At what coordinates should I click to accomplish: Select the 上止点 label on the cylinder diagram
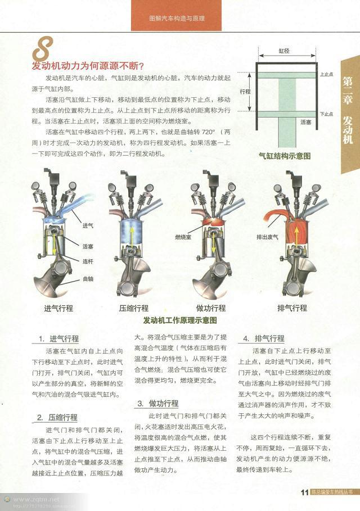(x=326, y=74)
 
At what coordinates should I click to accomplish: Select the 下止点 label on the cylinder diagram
(x=326, y=114)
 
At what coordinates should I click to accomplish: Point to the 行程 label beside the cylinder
(x=245, y=91)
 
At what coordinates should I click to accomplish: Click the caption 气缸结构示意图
(x=285, y=156)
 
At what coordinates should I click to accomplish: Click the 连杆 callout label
(x=88, y=261)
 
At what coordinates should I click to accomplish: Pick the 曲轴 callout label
(x=88, y=279)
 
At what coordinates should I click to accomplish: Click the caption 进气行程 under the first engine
(x=59, y=308)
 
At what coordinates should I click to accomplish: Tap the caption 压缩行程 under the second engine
(x=134, y=308)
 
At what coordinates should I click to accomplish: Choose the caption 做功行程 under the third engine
(x=211, y=308)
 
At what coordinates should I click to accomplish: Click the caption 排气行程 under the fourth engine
(x=292, y=308)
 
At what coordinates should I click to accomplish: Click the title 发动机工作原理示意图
(x=180, y=320)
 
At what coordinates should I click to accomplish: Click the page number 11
(x=304, y=493)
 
